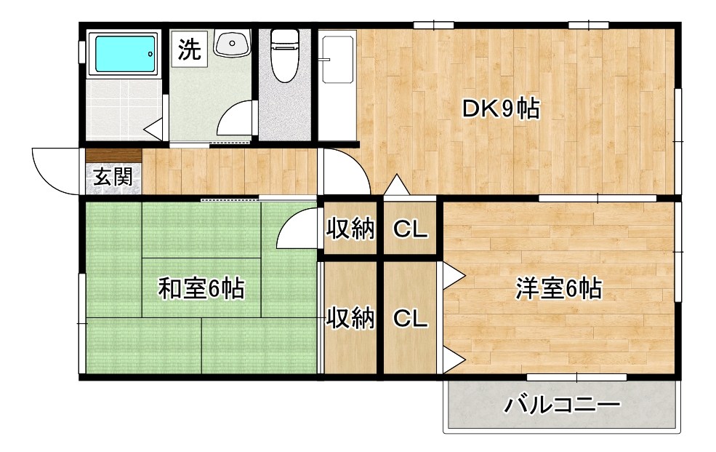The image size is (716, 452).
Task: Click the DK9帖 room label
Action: click(501, 109)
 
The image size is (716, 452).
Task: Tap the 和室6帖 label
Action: click(201, 289)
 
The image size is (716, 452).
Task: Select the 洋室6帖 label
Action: click(558, 289)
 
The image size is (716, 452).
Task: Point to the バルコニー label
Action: click(563, 405)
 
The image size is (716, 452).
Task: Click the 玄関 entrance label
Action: click(113, 177)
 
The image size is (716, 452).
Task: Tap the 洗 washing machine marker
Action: click(189, 49)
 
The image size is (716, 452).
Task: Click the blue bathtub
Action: click(125, 52)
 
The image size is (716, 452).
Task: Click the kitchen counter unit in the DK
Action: click(337, 84)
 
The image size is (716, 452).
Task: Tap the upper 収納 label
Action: click(350, 229)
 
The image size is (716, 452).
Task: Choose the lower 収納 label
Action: click(350, 318)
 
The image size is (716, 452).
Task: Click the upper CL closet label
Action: click(410, 229)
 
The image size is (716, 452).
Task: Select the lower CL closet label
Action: click(410, 318)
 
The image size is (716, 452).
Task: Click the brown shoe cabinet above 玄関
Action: click(113, 155)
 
